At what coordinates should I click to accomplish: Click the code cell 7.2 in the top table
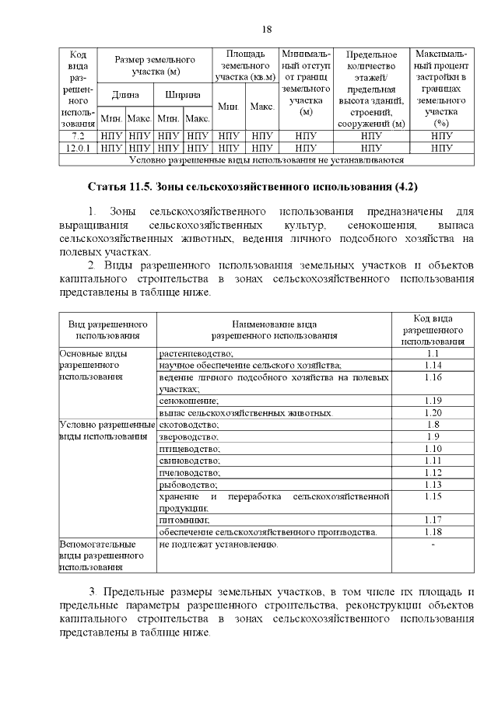[x=78, y=135]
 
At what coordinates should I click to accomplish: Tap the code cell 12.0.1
[x=78, y=147]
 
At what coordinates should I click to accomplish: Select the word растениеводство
[x=195, y=353]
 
